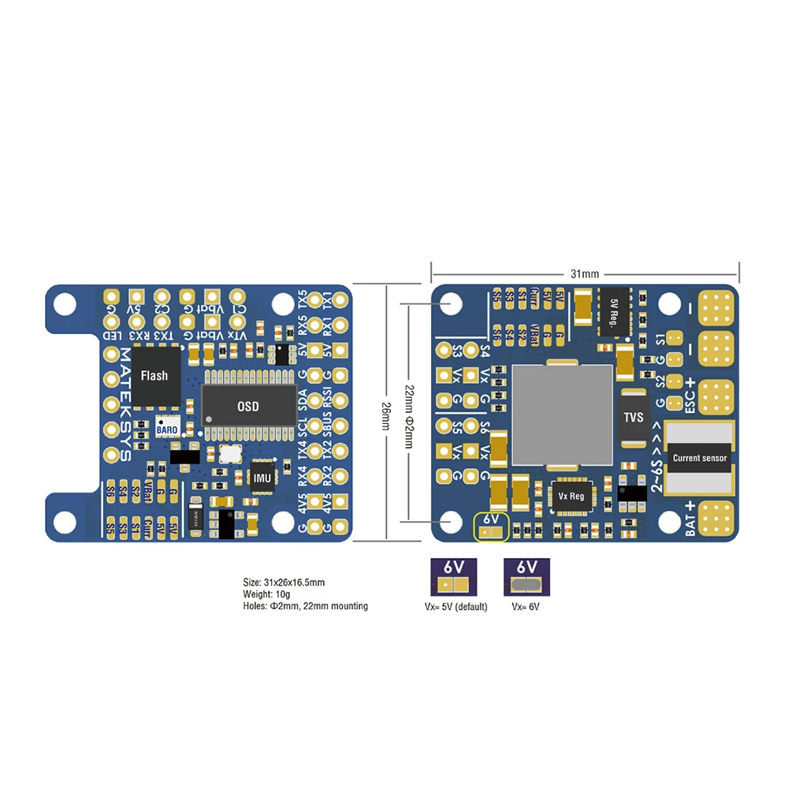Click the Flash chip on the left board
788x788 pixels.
tap(154, 376)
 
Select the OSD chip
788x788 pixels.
tap(248, 407)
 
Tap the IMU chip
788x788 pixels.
tap(262, 476)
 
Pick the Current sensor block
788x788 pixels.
tap(700, 457)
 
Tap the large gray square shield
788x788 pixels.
tap(563, 414)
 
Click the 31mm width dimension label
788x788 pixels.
tap(585, 273)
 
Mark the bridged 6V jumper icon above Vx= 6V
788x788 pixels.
tap(527, 578)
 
